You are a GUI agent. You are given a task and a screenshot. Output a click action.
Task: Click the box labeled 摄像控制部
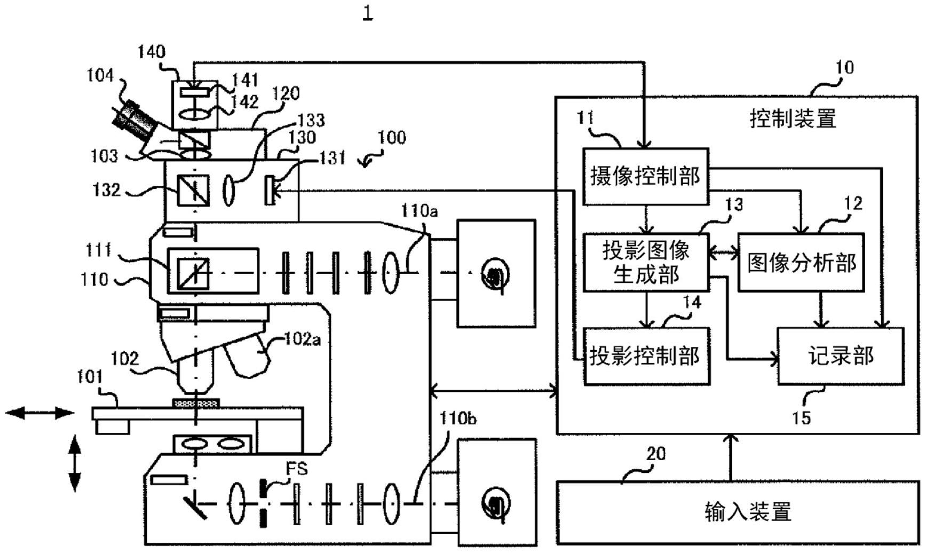tap(645, 176)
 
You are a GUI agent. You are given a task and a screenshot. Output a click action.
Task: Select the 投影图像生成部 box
tap(646, 262)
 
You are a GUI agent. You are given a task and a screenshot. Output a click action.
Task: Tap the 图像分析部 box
tap(801, 262)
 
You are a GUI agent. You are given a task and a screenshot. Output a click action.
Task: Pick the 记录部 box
tap(840, 356)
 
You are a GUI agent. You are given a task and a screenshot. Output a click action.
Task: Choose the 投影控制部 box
tap(646, 356)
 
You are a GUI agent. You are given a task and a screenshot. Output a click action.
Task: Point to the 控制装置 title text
tap(793, 118)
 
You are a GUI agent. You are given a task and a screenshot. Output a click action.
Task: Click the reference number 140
tap(152, 52)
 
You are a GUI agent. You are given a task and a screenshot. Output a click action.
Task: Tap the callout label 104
tap(100, 75)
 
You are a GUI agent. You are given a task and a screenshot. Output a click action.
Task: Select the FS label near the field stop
tap(297, 469)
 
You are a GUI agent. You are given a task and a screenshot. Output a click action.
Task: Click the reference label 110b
tap(458, 418)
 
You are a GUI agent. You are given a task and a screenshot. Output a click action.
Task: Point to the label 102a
tap(302, 338)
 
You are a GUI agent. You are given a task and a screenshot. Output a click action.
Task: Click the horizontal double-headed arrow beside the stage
tap(39, 413)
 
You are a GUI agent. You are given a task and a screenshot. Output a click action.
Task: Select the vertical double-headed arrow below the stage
tap(75, 463)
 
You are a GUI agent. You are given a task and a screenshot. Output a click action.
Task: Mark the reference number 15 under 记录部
tap(801, 418)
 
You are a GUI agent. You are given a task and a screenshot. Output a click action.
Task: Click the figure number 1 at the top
tap(368, 12)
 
